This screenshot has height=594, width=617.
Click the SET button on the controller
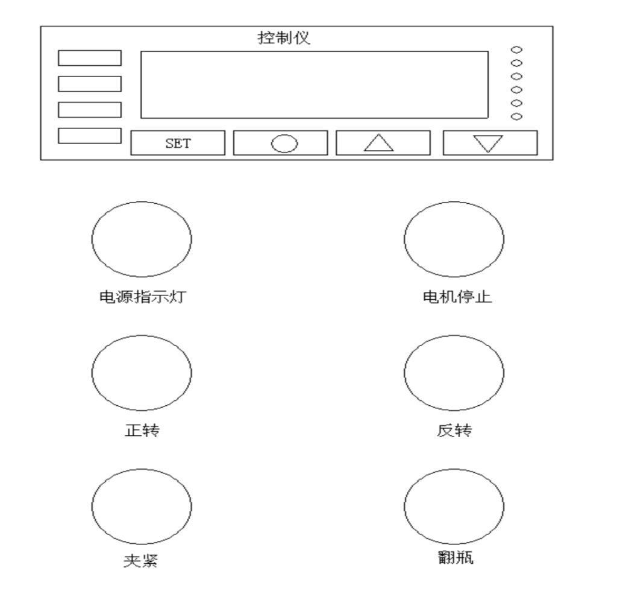pos(178,143)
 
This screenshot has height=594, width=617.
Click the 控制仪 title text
pos(284,38)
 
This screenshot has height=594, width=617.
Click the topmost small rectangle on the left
pos(90,58)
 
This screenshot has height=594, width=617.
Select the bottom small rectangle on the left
pos(90,136)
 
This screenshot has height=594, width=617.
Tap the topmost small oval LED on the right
pos(516,49)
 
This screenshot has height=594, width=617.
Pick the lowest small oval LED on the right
pos(516,116)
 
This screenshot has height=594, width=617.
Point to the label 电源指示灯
pos(142,297)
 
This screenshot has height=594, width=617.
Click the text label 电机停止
pos(457,297)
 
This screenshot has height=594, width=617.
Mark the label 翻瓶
pos(456,557)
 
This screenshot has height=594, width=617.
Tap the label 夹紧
pos(141,560)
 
